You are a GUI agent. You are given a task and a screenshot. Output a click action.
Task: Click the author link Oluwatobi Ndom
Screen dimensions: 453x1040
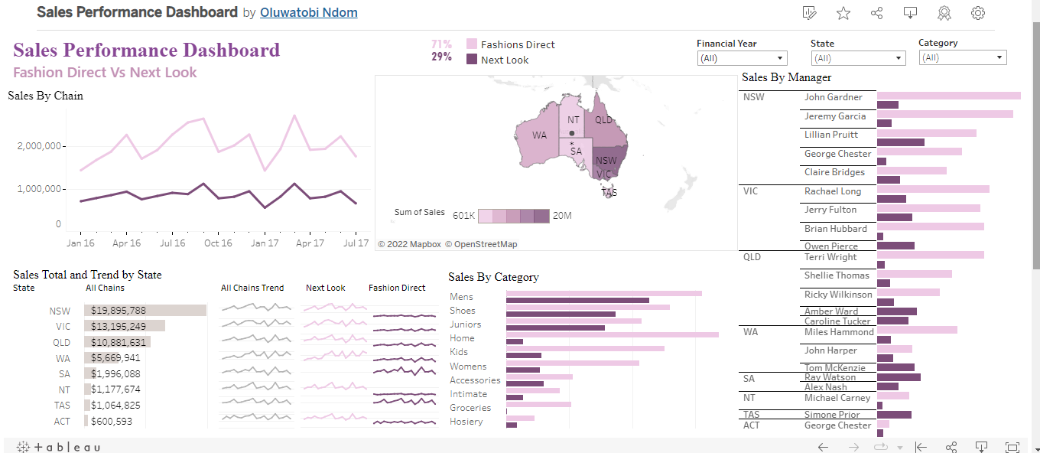(x=308, y=13)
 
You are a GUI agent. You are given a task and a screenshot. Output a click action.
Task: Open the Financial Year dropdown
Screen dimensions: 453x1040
(x=742, y=58)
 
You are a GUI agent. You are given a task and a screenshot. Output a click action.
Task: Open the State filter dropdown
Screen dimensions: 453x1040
(x=857, y=58)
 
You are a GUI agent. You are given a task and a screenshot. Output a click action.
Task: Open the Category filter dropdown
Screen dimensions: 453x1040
(x=962, y=58)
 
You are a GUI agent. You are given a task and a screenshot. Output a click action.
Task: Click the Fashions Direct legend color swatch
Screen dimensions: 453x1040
(x=472, y=44)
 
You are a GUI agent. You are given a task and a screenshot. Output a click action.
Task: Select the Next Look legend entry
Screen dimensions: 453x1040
(x=505, y=60)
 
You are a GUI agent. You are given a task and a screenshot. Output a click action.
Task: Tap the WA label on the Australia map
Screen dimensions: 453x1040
(x=540, y=135)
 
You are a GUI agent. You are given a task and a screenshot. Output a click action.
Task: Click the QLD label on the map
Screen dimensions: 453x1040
(x=603, y=119)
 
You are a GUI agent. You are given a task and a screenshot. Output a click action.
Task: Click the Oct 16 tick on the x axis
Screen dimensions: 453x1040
(x=218, y=243)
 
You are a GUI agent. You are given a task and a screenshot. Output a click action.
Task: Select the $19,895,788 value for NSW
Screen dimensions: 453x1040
(x=119, y=311)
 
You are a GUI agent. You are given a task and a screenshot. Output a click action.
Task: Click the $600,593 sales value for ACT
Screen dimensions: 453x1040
(x=112, y=422)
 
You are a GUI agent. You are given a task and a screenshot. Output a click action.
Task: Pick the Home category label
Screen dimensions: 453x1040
(x=462, y=338)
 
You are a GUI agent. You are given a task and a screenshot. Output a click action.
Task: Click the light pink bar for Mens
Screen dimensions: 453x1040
(x=603, y=293)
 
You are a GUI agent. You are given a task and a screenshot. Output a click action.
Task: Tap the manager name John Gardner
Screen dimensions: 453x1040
(x=833, y=97)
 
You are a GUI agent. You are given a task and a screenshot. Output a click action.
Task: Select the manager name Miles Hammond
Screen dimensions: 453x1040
(x=838, y=332)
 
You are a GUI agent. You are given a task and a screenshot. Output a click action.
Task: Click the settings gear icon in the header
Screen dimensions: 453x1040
(x=977, y=13)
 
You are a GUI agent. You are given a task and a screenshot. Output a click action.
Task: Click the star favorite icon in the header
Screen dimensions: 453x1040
(x=843, y=13)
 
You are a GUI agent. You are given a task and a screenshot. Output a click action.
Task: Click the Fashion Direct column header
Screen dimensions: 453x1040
(x=397, y=288)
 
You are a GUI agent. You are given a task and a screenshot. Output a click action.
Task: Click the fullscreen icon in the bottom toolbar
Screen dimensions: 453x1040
(x=1012, y=448)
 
